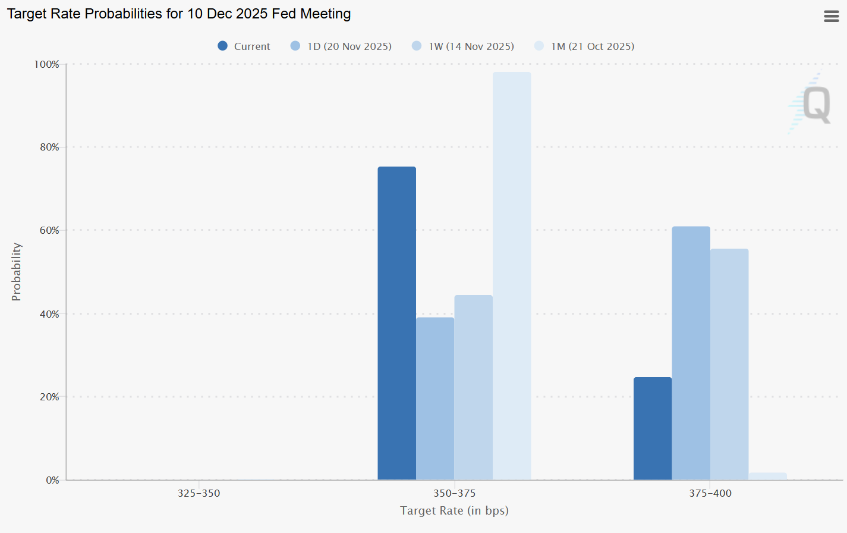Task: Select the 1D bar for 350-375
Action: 435,399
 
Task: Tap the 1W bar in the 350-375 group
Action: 473,387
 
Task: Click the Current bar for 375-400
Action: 653,428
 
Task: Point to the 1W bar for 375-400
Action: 729,364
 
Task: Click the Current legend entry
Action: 244,46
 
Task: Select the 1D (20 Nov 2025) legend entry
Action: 341,46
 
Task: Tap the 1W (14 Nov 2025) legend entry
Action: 463,46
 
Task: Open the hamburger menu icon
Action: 832,16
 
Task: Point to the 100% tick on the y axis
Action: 46,64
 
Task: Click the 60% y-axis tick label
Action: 49,230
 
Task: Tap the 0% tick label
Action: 52,480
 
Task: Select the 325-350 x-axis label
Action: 199,493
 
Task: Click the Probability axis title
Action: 16,272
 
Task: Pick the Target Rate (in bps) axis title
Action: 454,510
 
